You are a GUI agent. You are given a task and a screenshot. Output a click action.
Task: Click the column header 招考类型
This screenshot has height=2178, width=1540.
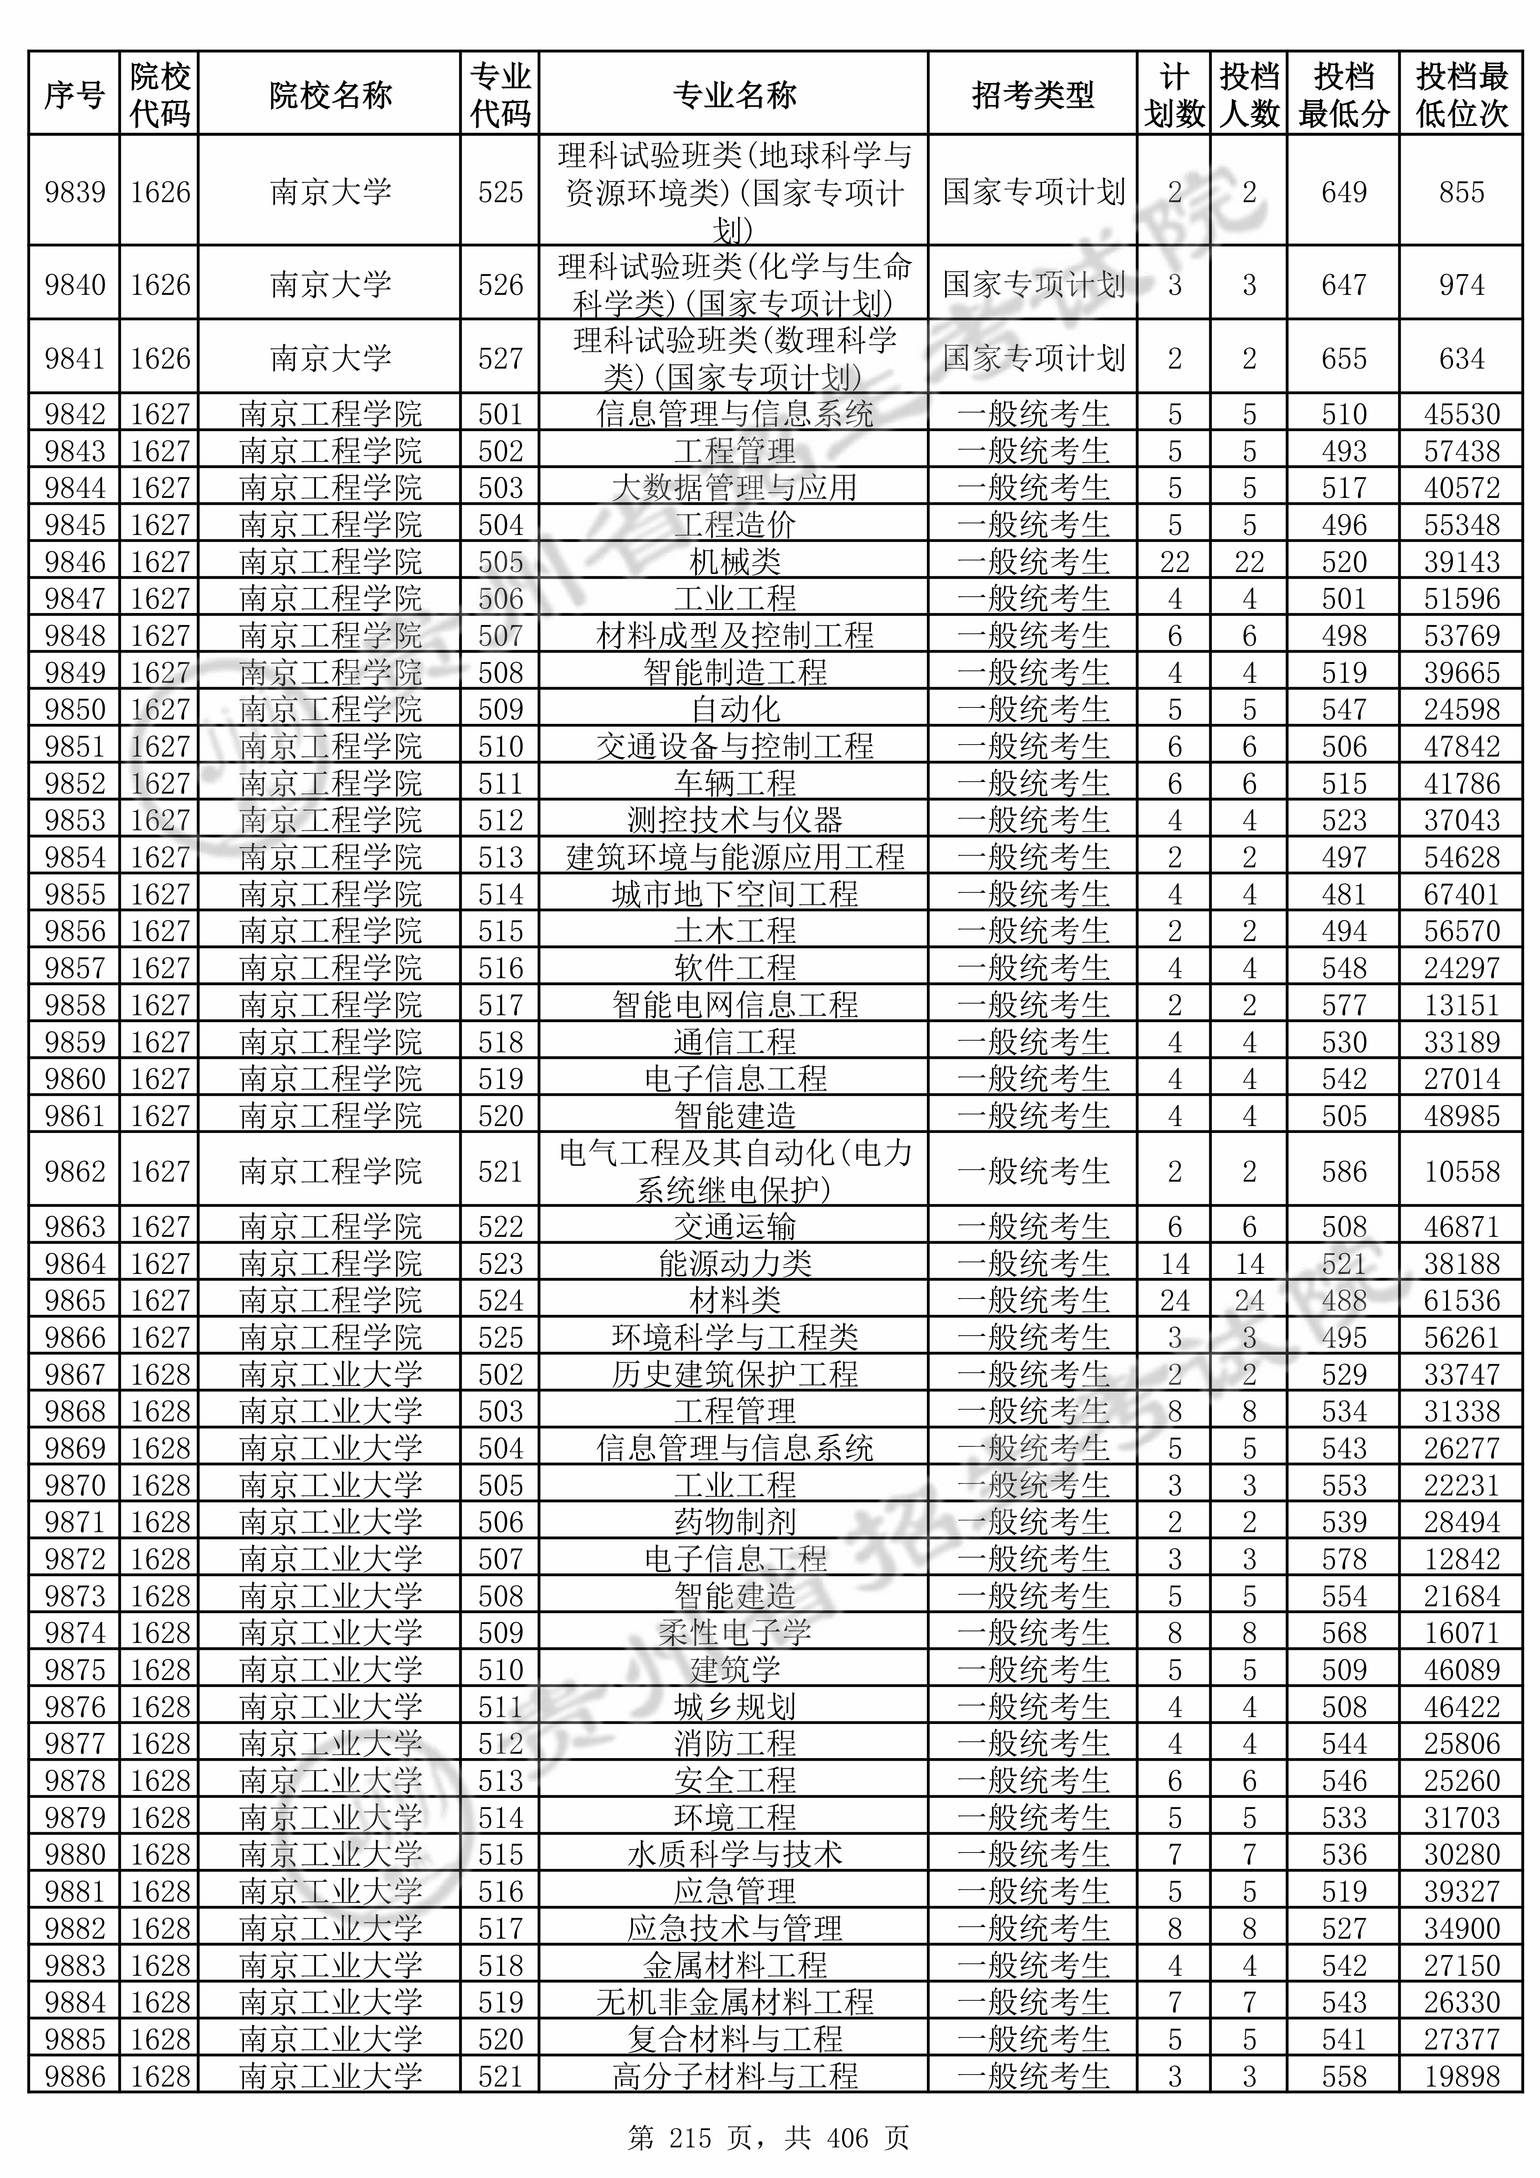point(1033,95)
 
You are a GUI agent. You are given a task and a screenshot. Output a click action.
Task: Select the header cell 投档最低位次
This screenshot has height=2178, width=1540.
point(1461,95)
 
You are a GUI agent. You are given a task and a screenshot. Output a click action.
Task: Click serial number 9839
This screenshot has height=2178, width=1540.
point(75,193)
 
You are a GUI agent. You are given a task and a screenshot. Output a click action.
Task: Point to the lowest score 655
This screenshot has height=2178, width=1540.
point(1343,359)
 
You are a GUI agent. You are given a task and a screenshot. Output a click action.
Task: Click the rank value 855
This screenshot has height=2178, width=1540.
point(1461,193)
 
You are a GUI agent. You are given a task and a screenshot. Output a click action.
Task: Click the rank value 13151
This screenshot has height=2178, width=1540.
point(1461,1005)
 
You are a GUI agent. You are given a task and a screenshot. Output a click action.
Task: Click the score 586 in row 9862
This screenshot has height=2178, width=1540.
point(1343,1171)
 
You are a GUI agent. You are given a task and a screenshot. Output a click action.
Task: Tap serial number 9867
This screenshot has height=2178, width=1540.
point(75,1374)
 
